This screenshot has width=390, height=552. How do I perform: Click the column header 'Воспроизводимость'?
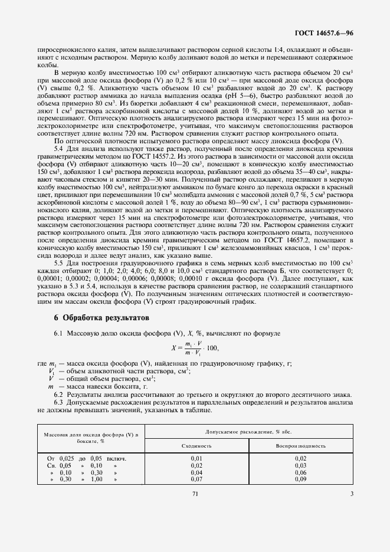pos(301,446)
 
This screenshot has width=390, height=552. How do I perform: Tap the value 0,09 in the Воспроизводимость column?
pos(300,479)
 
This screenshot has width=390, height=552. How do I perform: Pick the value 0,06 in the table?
pos(300,472)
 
